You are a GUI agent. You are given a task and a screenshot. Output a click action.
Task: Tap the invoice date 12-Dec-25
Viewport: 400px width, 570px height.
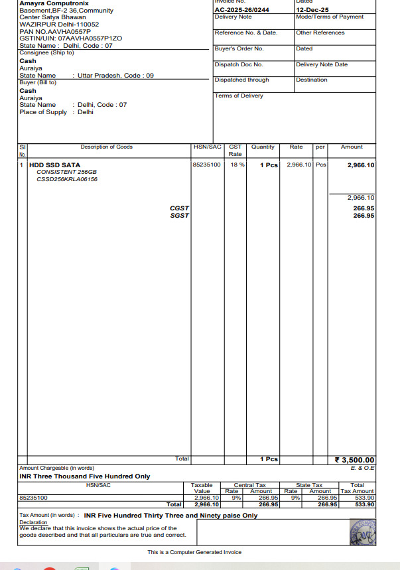click(x=312, y=10)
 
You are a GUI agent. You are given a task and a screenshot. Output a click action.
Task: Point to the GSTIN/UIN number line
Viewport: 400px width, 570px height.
click(x=70, y=38)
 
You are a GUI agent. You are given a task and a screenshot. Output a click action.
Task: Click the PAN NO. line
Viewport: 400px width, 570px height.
click(x=55, y=31)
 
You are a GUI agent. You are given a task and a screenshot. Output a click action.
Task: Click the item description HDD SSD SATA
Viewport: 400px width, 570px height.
click(x=54, y=165)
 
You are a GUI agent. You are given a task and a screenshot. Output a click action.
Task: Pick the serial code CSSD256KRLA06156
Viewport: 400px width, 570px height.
click(x=67, y=179)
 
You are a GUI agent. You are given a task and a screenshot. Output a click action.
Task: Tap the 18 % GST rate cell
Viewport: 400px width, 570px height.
click(x=237, y=165)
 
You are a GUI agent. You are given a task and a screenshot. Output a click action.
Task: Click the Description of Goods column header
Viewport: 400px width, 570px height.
click(x=106, y=147)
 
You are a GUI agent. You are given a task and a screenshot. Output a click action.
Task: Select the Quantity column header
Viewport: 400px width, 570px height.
click(x=263, y=147)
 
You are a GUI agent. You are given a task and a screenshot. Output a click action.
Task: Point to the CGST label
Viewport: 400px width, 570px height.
click(x=179, y=208)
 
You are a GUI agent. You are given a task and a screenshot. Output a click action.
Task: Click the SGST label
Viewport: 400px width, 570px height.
click(x=179, y=216)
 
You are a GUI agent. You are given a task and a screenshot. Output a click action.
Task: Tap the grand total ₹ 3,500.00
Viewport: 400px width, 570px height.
click(x=354, y=460)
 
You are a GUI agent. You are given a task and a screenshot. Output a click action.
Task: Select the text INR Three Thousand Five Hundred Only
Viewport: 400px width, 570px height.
click(x=85, y=476)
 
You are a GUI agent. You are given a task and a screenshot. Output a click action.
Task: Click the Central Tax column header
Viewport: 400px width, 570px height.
click(x=249, y=485)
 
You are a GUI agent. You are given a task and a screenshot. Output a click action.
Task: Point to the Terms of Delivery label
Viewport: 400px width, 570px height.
click(x=239, y=96)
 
